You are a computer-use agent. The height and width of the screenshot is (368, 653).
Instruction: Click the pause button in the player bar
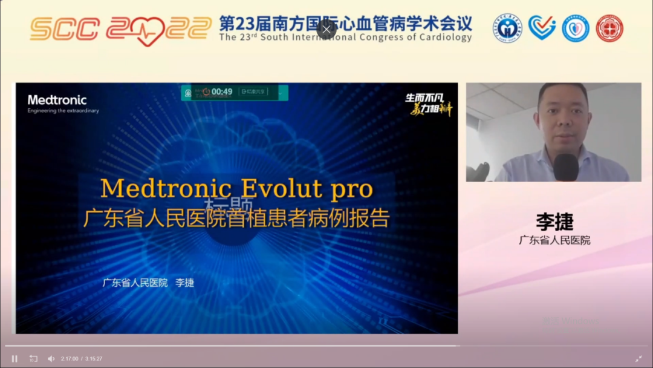point(15,358)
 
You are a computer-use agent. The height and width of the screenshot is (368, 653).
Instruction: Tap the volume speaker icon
point(51,358)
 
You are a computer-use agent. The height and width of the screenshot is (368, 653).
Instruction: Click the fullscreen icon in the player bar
point(638,358)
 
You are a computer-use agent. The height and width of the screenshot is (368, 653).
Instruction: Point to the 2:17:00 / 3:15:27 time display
point(82,358)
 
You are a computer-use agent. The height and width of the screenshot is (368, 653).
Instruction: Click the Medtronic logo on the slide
point(57,100)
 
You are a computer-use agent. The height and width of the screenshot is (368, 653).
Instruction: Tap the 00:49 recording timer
point(221,92)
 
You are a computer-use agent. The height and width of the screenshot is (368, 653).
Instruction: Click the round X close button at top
point(326,29)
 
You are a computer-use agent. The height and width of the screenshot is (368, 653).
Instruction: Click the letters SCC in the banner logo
point(65,29)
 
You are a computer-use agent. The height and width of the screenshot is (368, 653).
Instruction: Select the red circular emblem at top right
point(609,28)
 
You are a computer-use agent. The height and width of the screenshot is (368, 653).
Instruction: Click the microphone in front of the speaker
point(566,166)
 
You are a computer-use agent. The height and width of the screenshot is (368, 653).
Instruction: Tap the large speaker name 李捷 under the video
point(554,222)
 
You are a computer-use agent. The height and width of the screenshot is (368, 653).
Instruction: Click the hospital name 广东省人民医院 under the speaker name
point(554,240)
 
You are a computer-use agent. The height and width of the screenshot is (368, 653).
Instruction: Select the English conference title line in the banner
point(345,38)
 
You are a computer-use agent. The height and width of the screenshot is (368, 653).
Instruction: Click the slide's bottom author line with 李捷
point(148,283)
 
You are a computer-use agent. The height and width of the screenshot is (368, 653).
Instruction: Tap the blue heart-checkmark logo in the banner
point(542,28)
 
